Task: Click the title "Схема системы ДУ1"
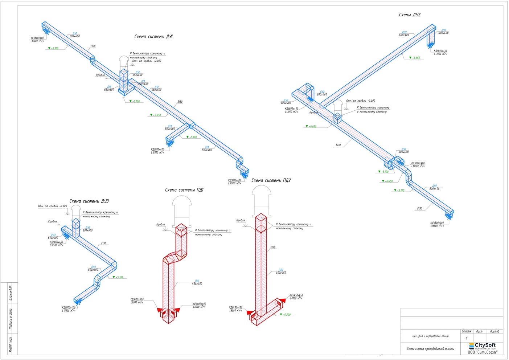[153, 37]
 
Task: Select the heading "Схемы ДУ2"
[410, 15]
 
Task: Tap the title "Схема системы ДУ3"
[89, 201]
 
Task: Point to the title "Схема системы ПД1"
[184, 190]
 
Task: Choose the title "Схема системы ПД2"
[271, 180]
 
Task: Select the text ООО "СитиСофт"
[482, 352]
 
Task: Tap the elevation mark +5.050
[156, 115]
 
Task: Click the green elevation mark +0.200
[286, 315]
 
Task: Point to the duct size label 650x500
[156, 90]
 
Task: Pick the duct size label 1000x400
[143, 84]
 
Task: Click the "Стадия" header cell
[467, 331]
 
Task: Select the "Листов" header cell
[494, 331]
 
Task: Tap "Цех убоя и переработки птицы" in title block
[430, 336]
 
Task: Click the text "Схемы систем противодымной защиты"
[430, 349]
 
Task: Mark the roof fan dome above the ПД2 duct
[261, 192]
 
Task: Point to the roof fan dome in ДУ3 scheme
[76, 209]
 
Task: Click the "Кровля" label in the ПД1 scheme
[161, 224]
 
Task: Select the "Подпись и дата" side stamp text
[11, 319]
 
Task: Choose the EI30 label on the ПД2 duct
[273, 247]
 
